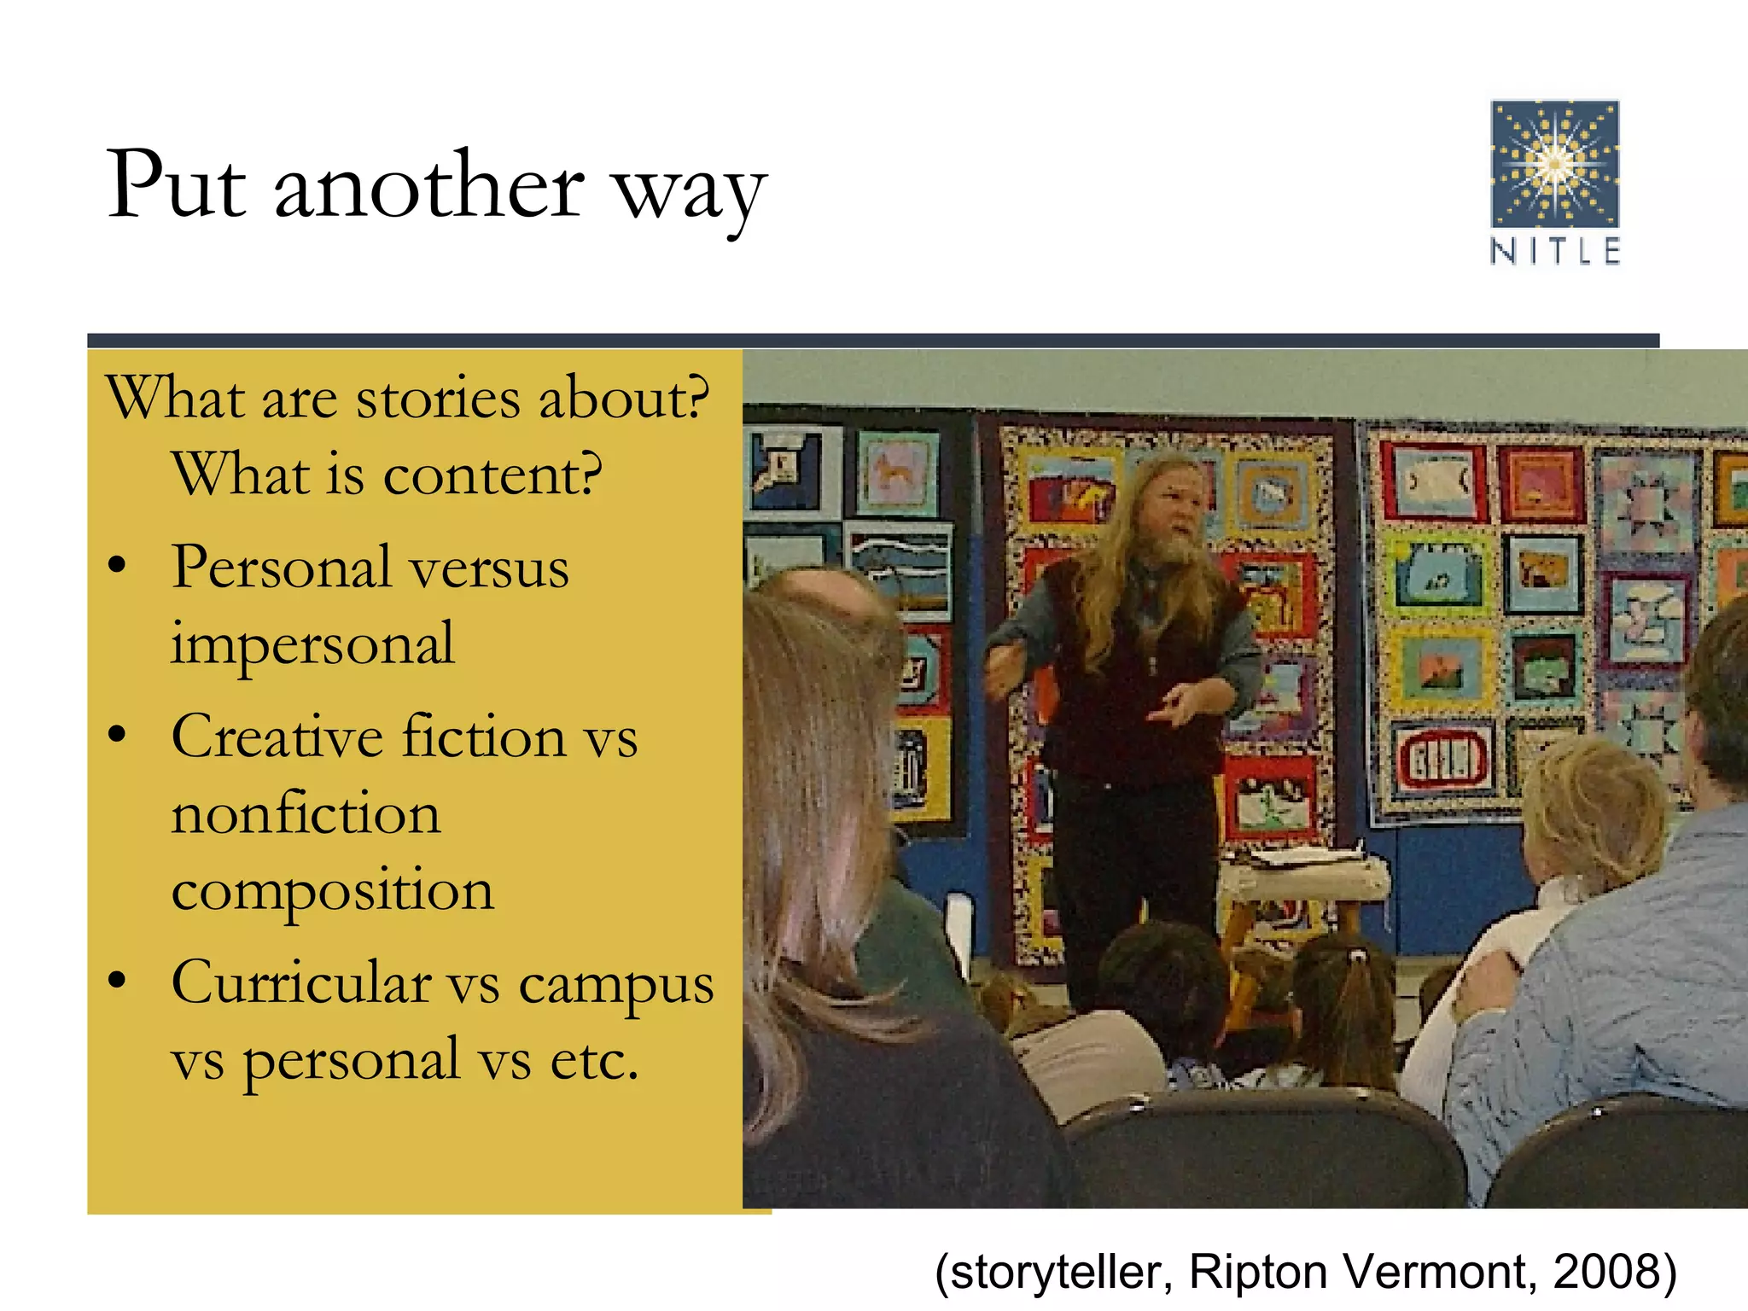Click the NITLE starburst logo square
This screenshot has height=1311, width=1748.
point(1554,163)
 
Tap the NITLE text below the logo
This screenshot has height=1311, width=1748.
point(1554,252)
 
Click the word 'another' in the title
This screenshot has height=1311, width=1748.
point(429,187)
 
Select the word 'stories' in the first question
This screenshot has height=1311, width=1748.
point(437,399)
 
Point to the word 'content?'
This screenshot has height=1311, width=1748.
point(492,475)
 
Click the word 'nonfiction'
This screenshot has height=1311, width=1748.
point(306,813)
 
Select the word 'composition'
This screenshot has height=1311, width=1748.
point(332,890)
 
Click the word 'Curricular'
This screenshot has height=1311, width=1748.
point(300,982)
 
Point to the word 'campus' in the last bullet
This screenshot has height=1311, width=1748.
point(616,985)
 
